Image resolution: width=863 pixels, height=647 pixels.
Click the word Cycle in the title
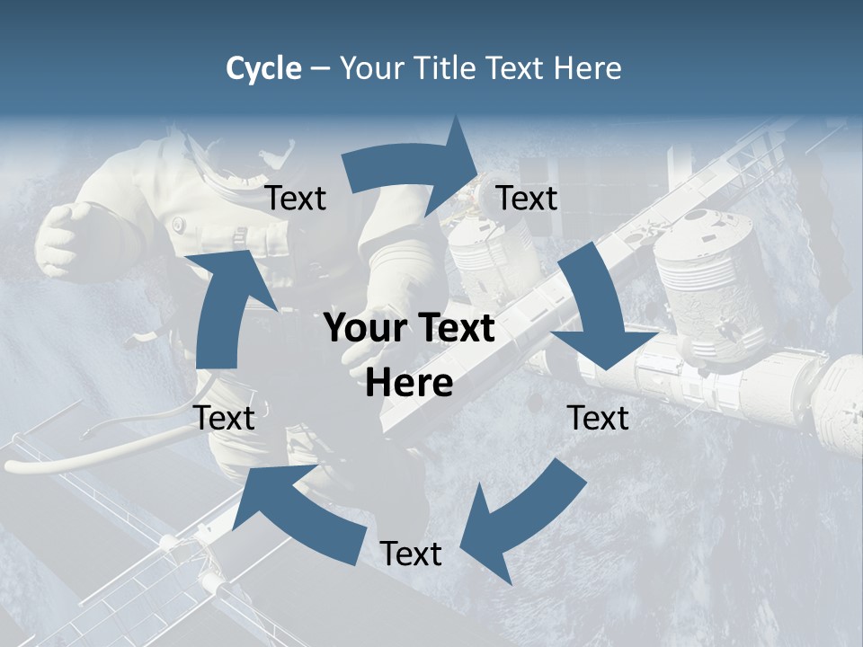coord(263,69)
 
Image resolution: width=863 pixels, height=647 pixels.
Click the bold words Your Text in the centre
coord(409,329)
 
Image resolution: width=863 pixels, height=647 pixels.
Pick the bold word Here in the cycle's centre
coord(409,384)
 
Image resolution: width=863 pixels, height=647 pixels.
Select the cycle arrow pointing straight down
coord(598,310)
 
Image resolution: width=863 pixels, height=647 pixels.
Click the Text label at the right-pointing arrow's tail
coord(296,199)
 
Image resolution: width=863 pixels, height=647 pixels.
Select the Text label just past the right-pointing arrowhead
coord(527,198)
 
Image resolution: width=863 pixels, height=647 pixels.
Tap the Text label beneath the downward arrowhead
coord(598,418)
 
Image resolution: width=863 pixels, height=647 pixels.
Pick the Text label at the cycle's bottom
coord(411,554)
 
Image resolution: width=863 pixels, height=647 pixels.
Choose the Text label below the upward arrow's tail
coord(224,418)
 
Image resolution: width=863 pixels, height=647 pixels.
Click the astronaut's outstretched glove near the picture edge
coord(67,238)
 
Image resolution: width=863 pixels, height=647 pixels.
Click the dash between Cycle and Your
coord(320,69)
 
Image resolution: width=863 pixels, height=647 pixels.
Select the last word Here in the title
coord(588,68)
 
